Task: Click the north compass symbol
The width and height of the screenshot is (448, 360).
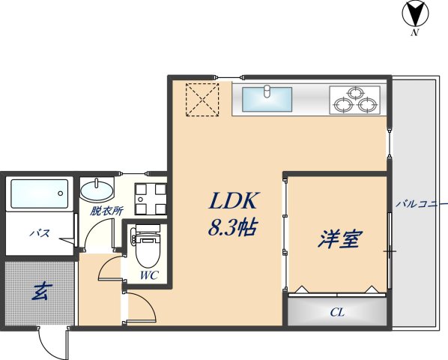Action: click(414, 13)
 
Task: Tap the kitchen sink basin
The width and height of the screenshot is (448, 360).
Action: click(267, 97)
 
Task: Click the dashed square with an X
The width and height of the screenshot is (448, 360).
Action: click(202, 99)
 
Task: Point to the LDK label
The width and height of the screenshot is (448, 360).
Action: click(234, 200)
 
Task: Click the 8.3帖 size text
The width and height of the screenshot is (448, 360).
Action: click(233, 226)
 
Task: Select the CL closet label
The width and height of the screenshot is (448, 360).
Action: click(337, 312)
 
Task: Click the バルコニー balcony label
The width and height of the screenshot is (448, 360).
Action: click(417, 203)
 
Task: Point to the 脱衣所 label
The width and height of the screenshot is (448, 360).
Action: click(106, 211)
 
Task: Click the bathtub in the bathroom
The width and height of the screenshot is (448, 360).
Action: click(40, 193)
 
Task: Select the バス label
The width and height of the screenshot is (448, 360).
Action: click(40, 233)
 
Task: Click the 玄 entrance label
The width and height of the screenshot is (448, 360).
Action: click(39, 291)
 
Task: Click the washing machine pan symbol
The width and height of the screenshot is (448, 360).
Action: click(149, 198)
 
